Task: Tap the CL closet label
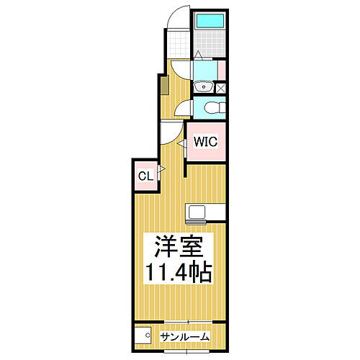coord(145,175)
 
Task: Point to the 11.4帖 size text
coord(180,274)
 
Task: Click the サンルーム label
coord(185,336)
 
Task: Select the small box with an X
coord(220,89)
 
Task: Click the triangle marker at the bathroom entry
coord(199,55)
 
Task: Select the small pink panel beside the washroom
coord(222,71)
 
